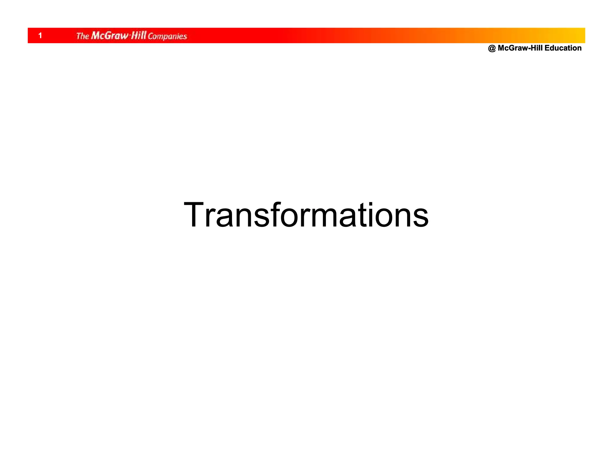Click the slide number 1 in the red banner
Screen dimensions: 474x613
[x=40, y=36]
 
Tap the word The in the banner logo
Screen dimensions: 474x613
[x=83, y=36]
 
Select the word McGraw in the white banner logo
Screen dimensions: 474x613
[x=110, y=36]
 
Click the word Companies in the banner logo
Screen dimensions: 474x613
[x=167, y=37]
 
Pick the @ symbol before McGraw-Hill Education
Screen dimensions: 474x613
[x=491, y=48]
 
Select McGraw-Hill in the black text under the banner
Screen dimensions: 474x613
[x=520, y=48]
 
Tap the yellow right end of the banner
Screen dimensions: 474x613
[x=576, y=35]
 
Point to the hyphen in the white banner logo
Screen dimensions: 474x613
[x=130, y=36]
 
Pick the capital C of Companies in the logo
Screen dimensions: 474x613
[x=151, y=36]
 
